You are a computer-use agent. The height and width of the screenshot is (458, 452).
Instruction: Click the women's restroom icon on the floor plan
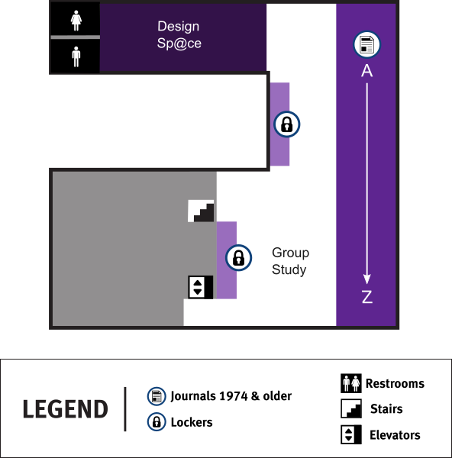76,21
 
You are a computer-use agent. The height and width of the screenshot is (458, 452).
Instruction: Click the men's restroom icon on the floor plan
76,56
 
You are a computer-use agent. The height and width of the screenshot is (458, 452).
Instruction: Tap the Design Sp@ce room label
179,35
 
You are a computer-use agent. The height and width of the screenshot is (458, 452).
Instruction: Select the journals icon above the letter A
366,44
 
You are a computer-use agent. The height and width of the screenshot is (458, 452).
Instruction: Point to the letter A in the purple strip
366,71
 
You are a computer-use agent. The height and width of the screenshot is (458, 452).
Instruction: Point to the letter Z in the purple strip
367,297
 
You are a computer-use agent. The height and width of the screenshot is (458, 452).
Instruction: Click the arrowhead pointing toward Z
367,279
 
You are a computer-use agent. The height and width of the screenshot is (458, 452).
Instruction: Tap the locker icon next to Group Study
238,258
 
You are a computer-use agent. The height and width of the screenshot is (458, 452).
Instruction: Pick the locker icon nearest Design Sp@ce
286,124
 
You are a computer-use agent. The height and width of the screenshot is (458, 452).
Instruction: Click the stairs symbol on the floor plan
201,211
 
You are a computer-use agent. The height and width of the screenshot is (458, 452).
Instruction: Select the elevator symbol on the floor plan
201,287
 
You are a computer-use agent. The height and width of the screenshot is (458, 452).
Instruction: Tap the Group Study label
290,261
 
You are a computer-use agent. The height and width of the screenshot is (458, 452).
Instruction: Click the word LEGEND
66,409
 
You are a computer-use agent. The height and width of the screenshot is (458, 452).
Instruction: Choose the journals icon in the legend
157,396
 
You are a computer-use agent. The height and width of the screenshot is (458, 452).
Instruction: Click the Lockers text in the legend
192,422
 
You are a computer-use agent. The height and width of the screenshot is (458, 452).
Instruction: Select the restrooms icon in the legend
351,383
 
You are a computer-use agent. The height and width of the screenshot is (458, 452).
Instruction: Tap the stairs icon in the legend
351,408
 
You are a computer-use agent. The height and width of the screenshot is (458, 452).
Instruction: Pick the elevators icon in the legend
351,434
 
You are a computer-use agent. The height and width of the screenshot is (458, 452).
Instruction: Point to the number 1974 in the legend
234,396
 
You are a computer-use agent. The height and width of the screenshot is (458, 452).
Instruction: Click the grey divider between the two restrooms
76,37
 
